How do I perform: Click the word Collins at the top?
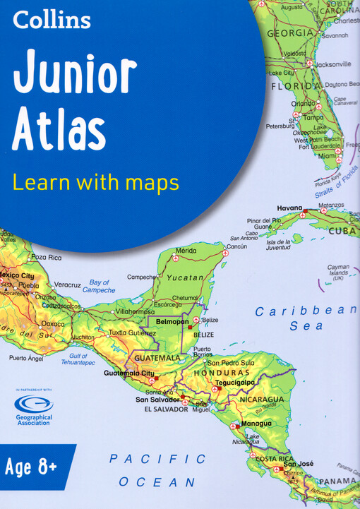pyautogui.click(x=52, y=20)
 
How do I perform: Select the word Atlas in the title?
pyautogui.click(x=59, y=131)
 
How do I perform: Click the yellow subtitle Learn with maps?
pyautogui.click(x=96, y=183)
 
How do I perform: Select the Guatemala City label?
pyautogui.click(x=128, y=373)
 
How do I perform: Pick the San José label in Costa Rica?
pyautogui.click(x=298, y=463)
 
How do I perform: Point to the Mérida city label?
pyautogui.click(x=186, y=251)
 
